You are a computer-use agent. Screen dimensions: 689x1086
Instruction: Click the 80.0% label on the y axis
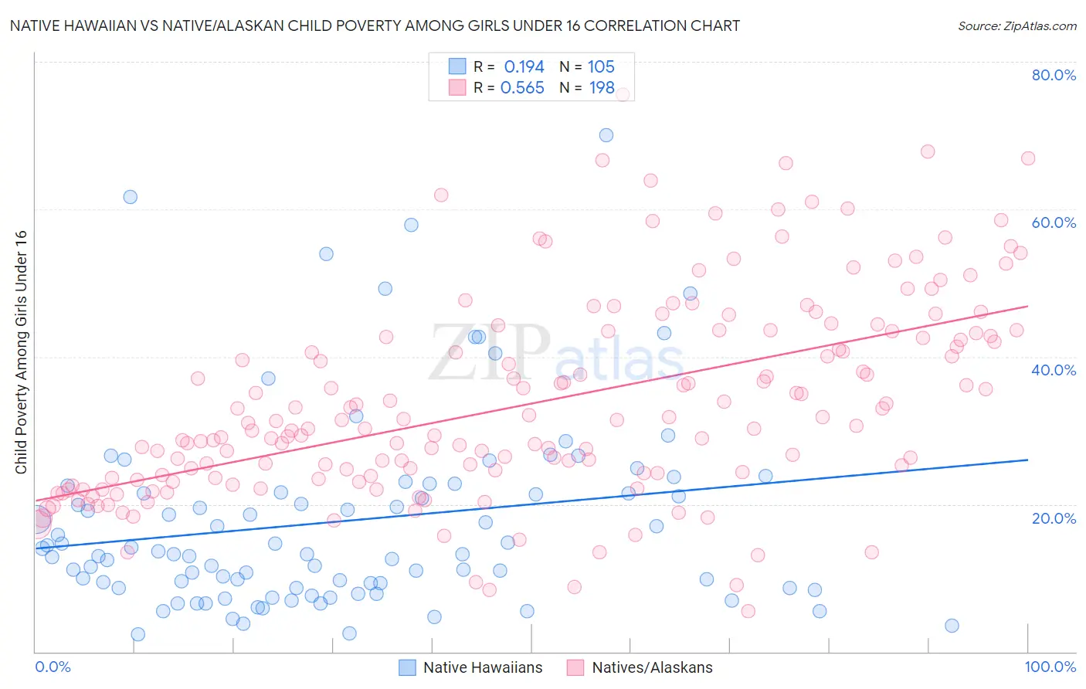tap(1054, 75)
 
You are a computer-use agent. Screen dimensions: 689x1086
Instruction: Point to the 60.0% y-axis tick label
tap(1054, 222)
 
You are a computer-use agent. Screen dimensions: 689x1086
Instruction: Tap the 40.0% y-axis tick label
tap(1054, 370)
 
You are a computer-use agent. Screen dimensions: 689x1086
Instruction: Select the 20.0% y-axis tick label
tap(1054, 518)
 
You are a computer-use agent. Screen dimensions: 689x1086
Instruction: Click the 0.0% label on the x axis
tap(53, 667)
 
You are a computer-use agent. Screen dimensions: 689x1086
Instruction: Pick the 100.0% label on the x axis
tap(1050, 667)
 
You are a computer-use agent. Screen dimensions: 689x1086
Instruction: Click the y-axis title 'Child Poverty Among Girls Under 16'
tap(21, 352)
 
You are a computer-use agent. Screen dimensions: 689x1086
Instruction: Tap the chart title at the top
tap(375, 25)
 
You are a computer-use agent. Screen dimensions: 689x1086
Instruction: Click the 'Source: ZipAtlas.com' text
tap(1016, 25)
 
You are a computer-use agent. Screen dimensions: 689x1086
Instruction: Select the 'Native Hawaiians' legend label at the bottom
tap(483, 667)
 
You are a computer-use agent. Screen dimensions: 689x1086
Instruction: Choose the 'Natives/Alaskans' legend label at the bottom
tap(652, 667)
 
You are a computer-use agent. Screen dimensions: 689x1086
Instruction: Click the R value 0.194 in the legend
tap(524, 67)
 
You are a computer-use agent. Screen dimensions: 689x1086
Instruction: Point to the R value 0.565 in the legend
tap(522, 88)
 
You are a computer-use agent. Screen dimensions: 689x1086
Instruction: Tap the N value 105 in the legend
tap(601, 67)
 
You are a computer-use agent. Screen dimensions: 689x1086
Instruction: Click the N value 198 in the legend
tap(602, 88)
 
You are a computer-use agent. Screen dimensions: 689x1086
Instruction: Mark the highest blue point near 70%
tap(606, 135)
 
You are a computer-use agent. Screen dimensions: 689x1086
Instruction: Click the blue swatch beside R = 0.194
tap(457, 66)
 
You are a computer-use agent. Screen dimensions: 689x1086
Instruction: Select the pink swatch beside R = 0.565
tap(457, 87)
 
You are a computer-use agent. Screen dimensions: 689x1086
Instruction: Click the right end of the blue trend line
tap(1027, 460)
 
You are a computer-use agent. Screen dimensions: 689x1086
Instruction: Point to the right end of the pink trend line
tap(1027, 306)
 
